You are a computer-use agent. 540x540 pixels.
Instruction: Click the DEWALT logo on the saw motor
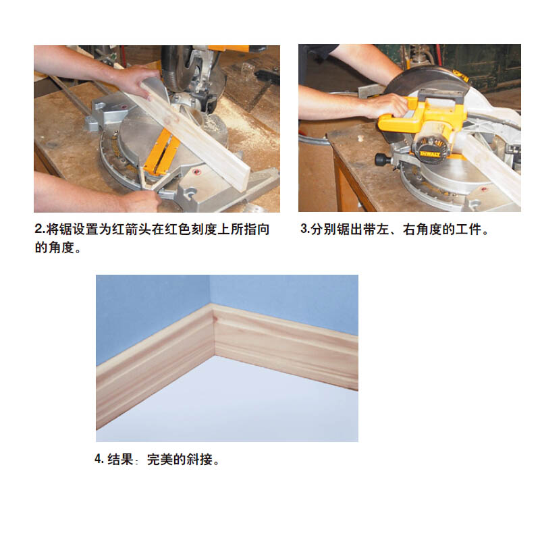pyautogui.click(x=429, y=154)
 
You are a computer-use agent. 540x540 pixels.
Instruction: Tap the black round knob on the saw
pyautogui.click(x=381, y=159)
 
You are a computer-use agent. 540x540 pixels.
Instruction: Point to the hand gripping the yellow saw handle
pyautogui.click(x=385, y=105)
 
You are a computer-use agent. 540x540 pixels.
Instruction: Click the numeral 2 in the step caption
pyautogui.click(x=38, y=230)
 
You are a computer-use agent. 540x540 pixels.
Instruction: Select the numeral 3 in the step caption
pyautogui.click(x=304, y=229)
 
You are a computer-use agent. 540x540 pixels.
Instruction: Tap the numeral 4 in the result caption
pyautogui.click(x=99, y=459)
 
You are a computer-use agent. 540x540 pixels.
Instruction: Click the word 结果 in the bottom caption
pyautogui.click(x=120, y=460)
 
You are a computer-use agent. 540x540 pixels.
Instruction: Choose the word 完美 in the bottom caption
pyautogui.click(x=160, y=460)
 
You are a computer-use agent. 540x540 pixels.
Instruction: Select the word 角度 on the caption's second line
pyautogui.click(x=61, y=247)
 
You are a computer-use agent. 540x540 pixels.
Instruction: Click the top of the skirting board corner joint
pyautogui.click(x=212, y=306)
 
